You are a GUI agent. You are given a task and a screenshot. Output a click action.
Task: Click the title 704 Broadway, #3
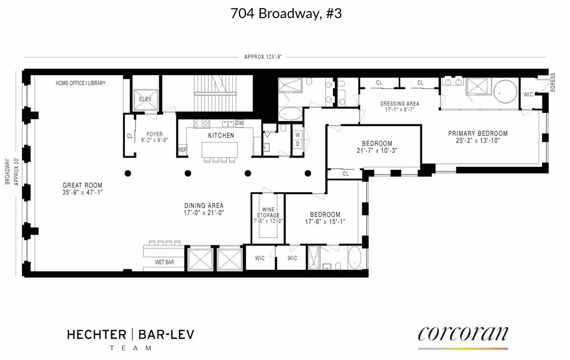[x=285, y=14]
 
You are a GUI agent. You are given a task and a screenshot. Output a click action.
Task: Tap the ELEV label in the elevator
[x=144, y=99]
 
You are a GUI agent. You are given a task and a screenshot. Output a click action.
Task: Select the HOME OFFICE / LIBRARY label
[x=81, y=83]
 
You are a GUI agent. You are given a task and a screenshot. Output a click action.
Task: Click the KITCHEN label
[x=221, y=135]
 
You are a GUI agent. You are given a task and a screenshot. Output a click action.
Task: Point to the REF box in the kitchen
[x=182, y=150]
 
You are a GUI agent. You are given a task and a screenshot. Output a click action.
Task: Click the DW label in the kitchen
[x=239, y=123]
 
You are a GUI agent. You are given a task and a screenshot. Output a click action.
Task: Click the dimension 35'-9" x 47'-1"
[x=83, y=193]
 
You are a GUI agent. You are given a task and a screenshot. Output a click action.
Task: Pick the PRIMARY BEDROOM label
[x=478, y=133]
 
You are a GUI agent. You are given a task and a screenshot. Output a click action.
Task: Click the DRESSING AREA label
[x=399, y=104]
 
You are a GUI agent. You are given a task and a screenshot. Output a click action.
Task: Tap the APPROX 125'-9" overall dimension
[x=263, y=57]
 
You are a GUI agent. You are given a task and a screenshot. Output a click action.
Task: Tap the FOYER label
[x=154, y=134]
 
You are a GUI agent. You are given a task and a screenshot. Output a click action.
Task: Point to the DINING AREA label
[x=204, y=206]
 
